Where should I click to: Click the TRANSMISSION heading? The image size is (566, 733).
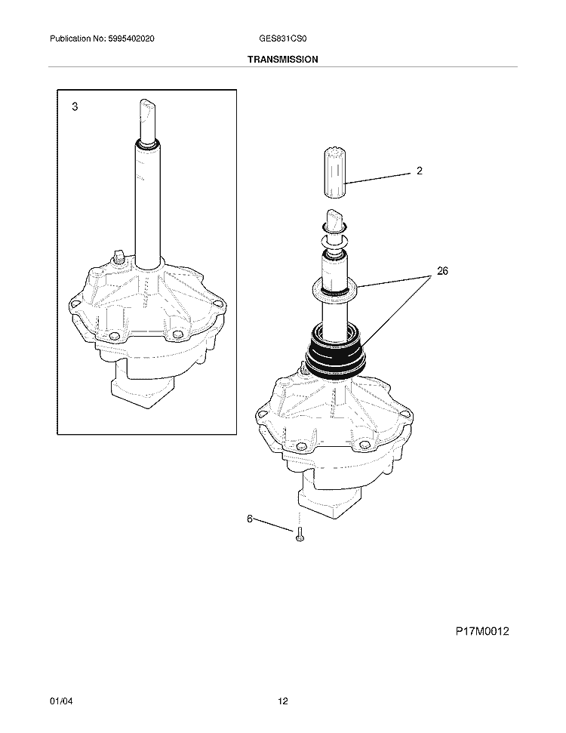click(283, 60)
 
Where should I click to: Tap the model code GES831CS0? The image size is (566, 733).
click(283, 38)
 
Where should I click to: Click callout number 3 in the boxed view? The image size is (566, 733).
click(75, 107)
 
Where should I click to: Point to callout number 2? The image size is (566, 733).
click(420, 171)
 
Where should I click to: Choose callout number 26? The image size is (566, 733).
click(442, 271)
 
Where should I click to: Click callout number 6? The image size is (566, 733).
click(250, 519)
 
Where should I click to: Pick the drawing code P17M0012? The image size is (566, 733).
click(482, 631)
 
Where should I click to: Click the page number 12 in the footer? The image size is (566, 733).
click(283, 701)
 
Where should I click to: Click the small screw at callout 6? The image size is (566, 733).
click(300, 534)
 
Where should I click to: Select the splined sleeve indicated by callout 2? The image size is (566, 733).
click(334, 172)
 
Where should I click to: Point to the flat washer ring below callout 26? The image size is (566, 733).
click(334, 288)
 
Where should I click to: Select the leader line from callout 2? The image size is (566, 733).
click(378, 178)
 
